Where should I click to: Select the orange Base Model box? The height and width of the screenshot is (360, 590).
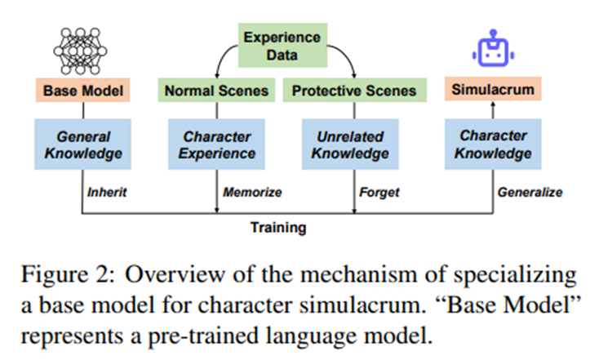(x=84, y=91)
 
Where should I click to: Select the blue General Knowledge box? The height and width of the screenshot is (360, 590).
(x=84, y=144)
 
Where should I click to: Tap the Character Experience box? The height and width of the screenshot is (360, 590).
(x=217, y=144)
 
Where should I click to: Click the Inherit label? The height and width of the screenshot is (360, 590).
(x=109, y=193)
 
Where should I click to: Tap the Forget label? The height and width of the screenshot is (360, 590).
(x=379, y=193)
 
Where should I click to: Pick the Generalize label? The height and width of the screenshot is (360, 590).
(x=530, y=193)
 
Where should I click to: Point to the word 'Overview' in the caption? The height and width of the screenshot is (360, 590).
(x=159, y=271)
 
